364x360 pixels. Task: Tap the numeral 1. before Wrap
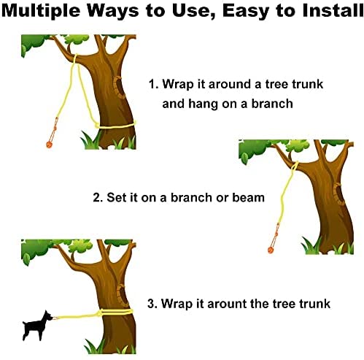click(x=154, y=84)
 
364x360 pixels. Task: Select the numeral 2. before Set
click(x=98, y=197)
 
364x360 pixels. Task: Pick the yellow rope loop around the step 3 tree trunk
click(x=109, y=312)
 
